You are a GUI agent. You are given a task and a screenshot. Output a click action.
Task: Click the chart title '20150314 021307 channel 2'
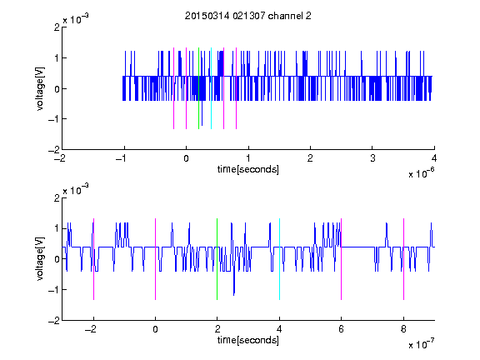click(248, 16)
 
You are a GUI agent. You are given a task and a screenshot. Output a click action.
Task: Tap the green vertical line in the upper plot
click(198, 88)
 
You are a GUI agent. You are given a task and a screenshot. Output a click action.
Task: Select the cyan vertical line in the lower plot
click(279, 259)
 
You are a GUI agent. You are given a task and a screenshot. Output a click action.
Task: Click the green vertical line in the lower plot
click(217, 259)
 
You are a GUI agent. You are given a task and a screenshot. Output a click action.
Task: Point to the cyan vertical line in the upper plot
click(211, 88)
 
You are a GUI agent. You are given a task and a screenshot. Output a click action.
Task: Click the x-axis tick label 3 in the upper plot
click(372, 158)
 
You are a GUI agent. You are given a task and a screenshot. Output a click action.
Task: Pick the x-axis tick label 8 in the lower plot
click(403, 329)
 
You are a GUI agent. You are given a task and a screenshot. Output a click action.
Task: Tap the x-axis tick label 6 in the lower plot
click(342, 329)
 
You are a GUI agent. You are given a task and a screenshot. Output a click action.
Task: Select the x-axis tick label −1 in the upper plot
click(122, 158)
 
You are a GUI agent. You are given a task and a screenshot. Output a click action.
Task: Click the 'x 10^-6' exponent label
click(421, 172)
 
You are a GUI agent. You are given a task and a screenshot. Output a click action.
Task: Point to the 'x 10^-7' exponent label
click(421, 344)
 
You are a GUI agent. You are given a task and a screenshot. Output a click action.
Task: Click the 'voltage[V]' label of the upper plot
click(40, 88)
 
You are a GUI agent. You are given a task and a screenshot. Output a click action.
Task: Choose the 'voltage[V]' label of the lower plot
click(40, 258)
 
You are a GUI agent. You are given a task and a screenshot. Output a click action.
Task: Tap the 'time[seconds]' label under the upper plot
click(248, 169)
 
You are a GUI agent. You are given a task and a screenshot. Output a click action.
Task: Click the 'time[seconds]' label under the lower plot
click(248, 340)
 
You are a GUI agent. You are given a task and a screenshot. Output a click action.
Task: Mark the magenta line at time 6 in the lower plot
click(342, 259)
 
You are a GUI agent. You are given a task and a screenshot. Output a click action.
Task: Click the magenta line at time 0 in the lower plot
click(156, 259)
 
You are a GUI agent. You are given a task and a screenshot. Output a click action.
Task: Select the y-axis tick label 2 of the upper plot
click(57, 27)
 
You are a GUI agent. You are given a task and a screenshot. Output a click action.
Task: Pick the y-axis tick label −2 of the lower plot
click(54, 321)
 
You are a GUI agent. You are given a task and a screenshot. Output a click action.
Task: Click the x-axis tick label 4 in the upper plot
click(434, 158)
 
